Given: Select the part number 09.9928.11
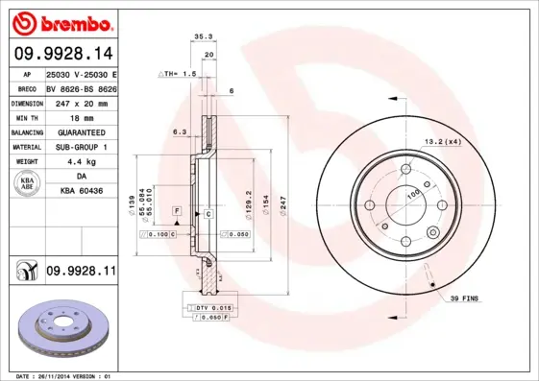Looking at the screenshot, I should [x=81, y=273].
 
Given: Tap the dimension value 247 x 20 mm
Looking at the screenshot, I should [x=82, y=101].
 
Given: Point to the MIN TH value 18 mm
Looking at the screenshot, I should [x=82, y=116].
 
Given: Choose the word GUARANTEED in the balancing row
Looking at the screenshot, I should [x=82, y=131].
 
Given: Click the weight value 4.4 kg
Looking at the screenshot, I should [x=82, y=162].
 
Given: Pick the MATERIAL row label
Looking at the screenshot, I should [x=26, y=147].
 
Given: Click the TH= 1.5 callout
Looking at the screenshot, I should [x=179, y=74].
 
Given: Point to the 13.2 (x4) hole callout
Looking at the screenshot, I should [x=443, y=142].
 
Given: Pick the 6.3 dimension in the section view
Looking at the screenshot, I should [x=179, y=132].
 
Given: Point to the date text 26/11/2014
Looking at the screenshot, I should [x=63, y=375].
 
